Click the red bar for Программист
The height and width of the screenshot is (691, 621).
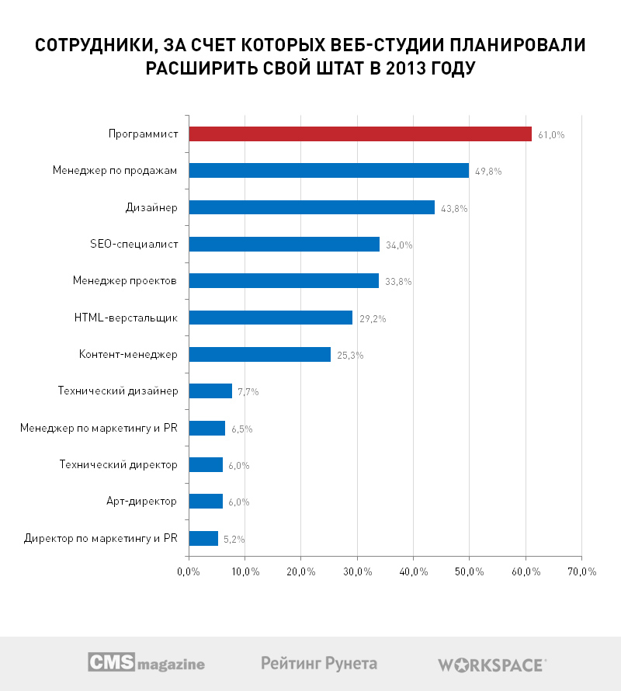360,134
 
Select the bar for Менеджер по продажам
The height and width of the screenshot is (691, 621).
328,171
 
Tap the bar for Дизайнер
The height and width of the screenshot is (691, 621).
311,207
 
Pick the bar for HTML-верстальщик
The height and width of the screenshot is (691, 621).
270,318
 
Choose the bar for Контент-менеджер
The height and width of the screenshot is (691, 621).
259,355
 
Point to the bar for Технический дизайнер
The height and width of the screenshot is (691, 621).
210,391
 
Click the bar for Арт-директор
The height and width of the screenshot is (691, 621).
206,501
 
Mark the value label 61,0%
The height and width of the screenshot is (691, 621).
551,135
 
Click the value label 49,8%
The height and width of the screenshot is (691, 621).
489,172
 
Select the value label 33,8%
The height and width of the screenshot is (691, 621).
399,282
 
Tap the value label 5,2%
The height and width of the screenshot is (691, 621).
234,538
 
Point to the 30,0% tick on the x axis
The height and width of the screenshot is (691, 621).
357,572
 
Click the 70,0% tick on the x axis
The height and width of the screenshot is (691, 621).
581,572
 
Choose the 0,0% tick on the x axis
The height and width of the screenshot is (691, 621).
189,572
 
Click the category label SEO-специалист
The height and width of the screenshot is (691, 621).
134,244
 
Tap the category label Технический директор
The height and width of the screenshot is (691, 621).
119,464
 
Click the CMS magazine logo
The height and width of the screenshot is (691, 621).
146,663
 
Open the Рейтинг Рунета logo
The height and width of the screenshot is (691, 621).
319,663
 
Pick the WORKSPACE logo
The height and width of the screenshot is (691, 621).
492,665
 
